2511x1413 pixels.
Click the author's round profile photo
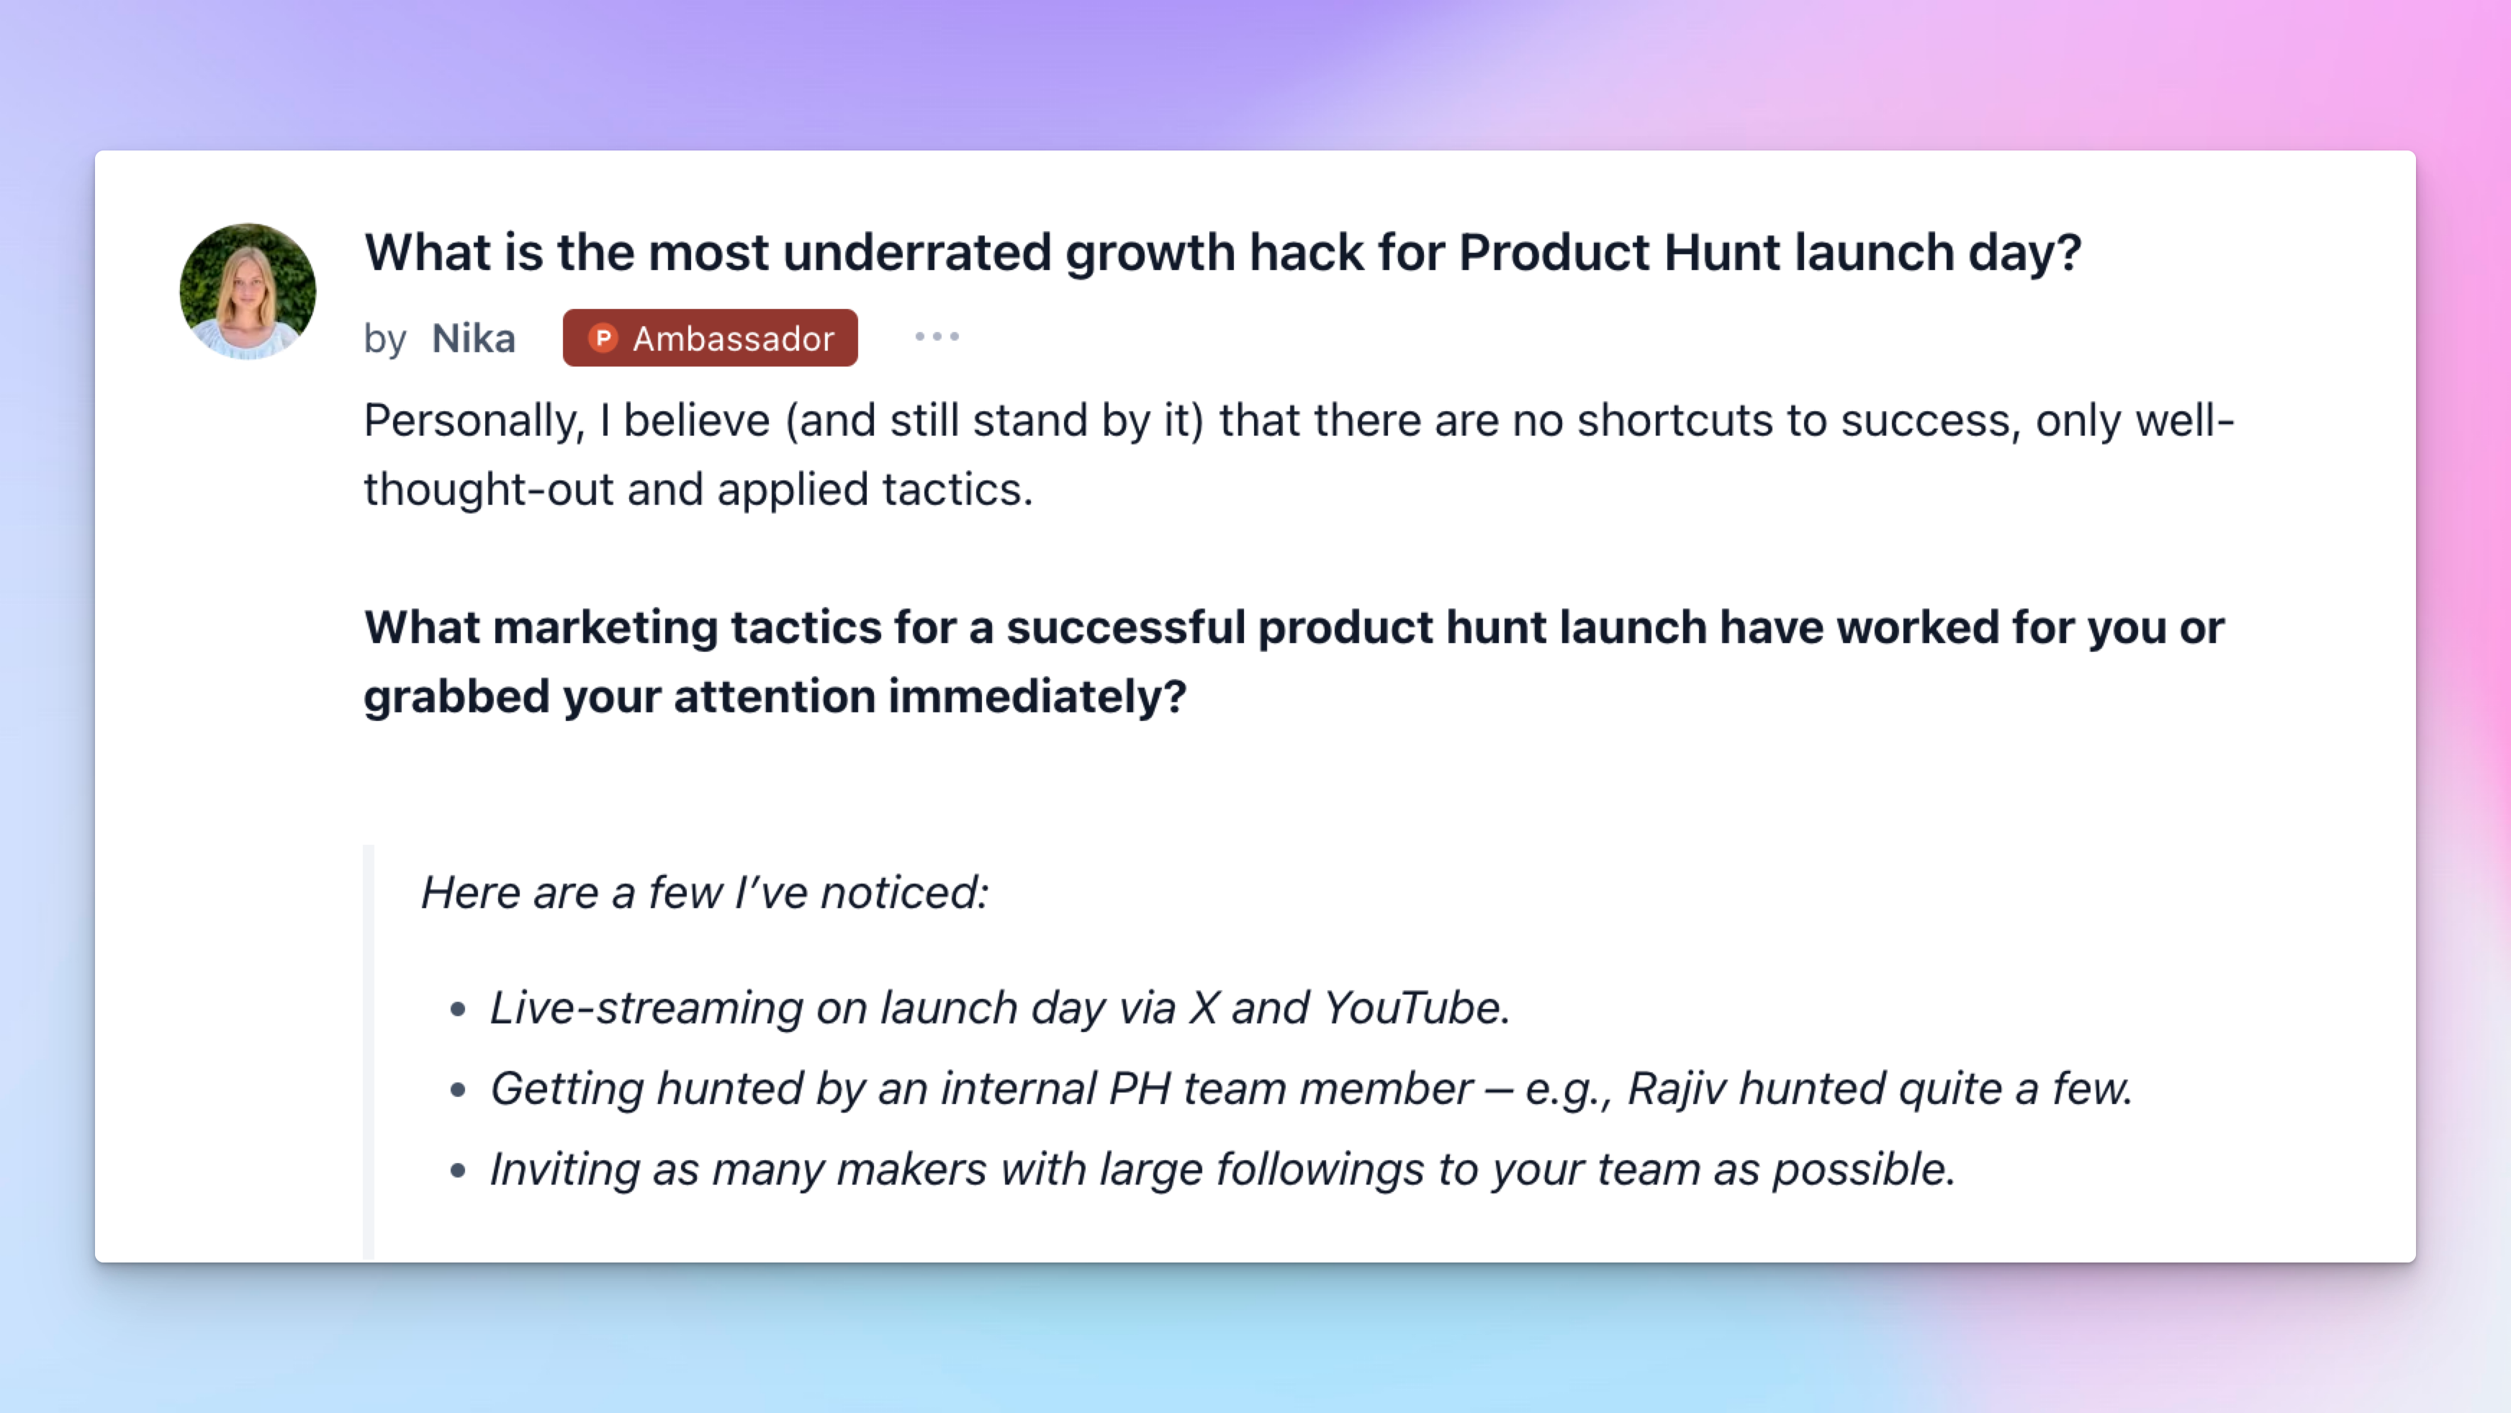click(248, 292)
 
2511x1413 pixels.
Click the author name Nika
click(473, 338)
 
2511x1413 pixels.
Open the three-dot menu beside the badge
click(937, 336)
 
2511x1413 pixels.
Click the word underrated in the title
click(916, 253)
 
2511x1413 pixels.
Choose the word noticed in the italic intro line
click(906, 893)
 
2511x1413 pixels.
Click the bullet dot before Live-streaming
click(458, 1009)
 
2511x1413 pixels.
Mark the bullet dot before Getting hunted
click(458, 1090)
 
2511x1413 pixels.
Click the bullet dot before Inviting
click(458, 1171)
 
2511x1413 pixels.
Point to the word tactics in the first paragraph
click(957, 490)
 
